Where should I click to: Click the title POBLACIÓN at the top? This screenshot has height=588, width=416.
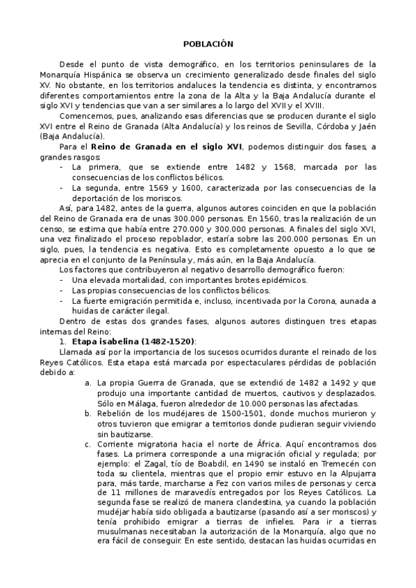208,43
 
